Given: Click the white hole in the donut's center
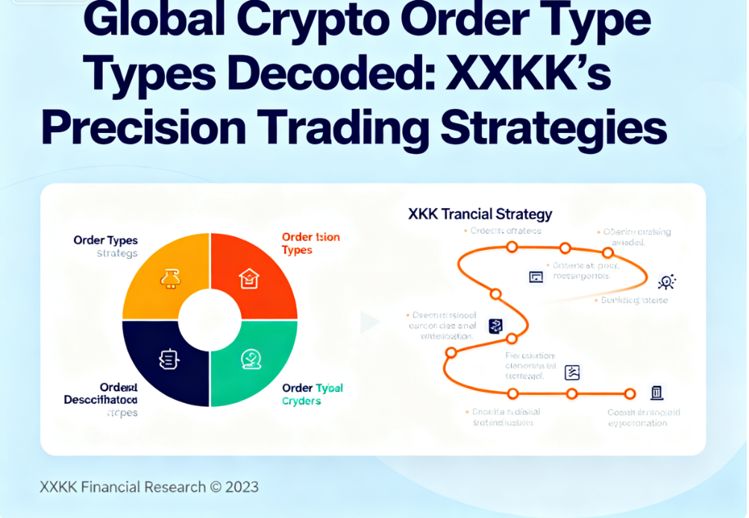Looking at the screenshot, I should click(210, 320).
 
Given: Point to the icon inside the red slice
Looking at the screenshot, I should click(248, 279).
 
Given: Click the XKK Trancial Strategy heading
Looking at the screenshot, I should click(480, 214).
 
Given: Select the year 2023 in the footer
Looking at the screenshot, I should click(242, 487).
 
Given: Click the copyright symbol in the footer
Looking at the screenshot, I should click(216, 487).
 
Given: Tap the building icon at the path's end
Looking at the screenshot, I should click(656, 393).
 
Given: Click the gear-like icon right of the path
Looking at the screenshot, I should click(666, 281).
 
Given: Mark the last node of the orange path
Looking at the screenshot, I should click(630, 393).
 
